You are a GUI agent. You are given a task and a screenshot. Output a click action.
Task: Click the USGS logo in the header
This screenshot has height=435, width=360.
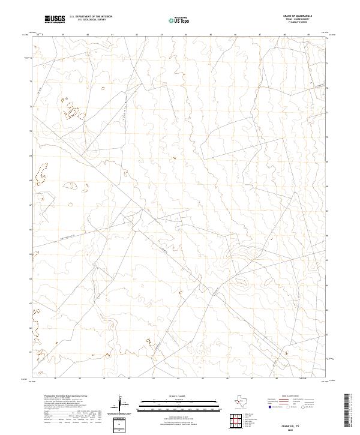pyautogui.click(x=55, y=20)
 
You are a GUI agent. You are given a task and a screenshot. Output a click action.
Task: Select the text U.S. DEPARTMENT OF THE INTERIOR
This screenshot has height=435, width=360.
pyautogui.click(x=91, y=17)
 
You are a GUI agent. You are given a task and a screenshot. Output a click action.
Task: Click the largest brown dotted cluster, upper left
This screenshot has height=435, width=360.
pyautogui.click(x=72, y=110)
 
